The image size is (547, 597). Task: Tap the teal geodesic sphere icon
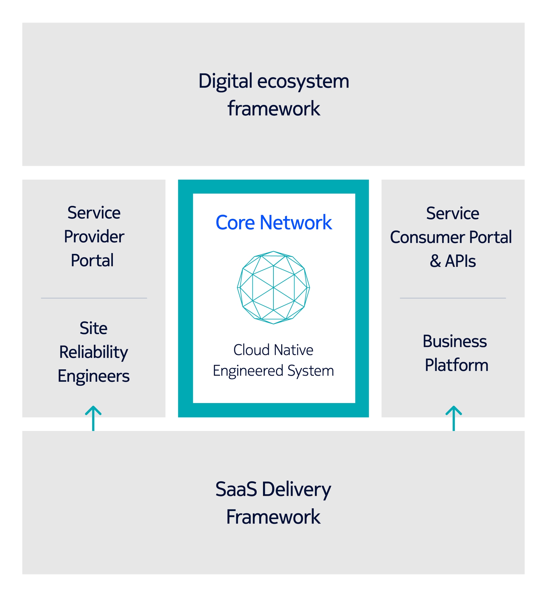pyautogui.click(x=273, y=288)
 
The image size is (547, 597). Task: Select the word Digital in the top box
pyautogui.click(x=225, y=82)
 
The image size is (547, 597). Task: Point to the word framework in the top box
pyautogui.click(x=274, y=108)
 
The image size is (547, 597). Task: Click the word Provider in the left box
pyautogui.click(x=94, y=237)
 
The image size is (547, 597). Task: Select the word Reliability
pyautogui.click(x=93, y=353)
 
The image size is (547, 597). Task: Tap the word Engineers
pyautogui.click(x=93, y=376)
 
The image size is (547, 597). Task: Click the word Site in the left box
pyautogui.click(x=93, y=328)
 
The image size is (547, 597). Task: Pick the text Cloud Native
pyautogui.click(x=273, y=350)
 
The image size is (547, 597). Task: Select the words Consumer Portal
pyautogui.click(x=451, y=237)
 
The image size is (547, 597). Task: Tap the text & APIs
pyautogui.click(x=453, y=261)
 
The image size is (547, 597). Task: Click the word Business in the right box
pyautogui.click(x=455, y=341)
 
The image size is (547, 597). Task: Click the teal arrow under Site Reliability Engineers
pyautogui.click(x=93, y=418)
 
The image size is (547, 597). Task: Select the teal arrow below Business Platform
pyautogui.click(x=454, y=418)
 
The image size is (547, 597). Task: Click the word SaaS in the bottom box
pyautogui.click(x=236, y=490)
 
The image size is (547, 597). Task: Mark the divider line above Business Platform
pyautogui.click(x=453, y=298)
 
